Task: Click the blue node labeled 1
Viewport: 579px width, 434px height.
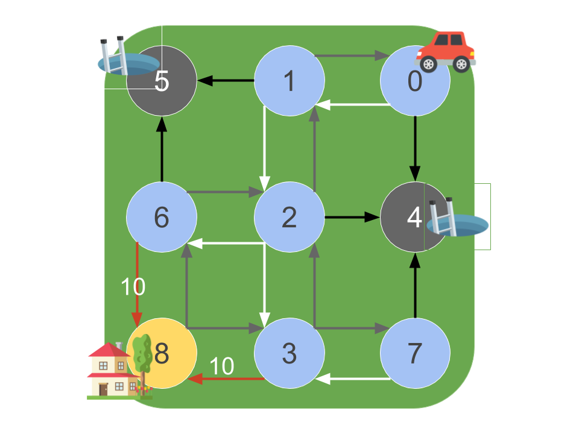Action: tap(289, 81)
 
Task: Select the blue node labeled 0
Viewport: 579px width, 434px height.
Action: tap(415, 81)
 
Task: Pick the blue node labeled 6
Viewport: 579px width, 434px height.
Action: tap(162, 217)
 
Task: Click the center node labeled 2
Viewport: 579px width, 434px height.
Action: tap(289, 217)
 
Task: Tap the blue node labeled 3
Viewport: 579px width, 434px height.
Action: tap(289, 353)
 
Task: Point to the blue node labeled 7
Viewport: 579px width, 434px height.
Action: tap(415, 353)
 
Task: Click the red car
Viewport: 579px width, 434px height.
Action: tap(446, 52)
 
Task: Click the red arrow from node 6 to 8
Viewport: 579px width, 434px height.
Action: tap(138, 283)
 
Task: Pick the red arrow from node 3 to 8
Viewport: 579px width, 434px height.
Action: tap(226, 379)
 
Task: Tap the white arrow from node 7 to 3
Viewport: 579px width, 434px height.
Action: tap(353, 379)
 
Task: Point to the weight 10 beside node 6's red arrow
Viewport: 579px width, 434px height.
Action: tap(133, 288)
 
